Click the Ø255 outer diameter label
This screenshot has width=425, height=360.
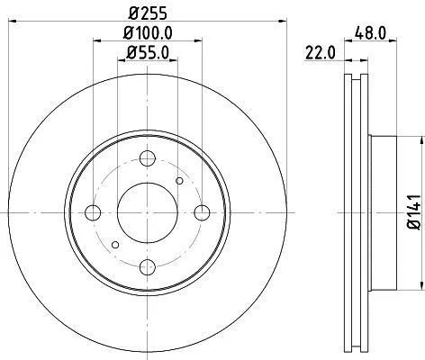point(148,13)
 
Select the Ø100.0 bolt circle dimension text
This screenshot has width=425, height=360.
point(148,33)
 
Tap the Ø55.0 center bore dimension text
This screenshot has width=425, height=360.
point(148,52)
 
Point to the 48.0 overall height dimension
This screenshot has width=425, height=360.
point(370,32)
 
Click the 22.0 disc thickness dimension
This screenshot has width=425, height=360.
point(321,53)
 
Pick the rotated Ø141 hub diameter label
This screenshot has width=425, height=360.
point(415,212)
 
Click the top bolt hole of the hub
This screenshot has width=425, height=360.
point(148,158)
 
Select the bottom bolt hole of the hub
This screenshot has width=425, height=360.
point(148,267)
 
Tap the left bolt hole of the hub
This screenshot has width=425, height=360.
point(93,212)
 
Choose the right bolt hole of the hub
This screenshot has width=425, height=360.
point(202,212)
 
